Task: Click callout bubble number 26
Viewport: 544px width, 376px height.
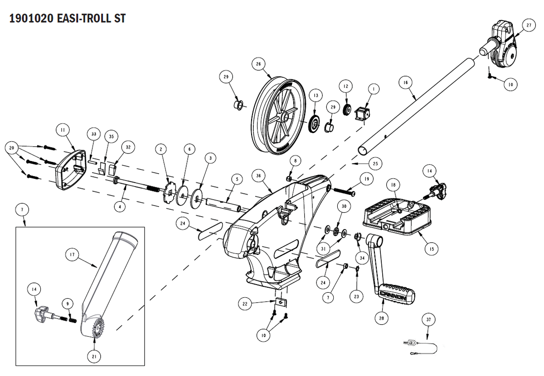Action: point(258,64)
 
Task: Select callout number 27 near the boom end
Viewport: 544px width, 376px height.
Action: point(529,26)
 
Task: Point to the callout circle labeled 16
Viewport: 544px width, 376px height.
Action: point(406,82)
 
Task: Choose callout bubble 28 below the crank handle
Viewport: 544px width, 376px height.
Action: point(381,318)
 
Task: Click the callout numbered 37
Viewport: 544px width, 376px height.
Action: point(429,319)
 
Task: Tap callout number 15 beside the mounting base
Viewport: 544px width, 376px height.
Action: point(431,248)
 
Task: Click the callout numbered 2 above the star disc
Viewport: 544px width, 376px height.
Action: point(160,149)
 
